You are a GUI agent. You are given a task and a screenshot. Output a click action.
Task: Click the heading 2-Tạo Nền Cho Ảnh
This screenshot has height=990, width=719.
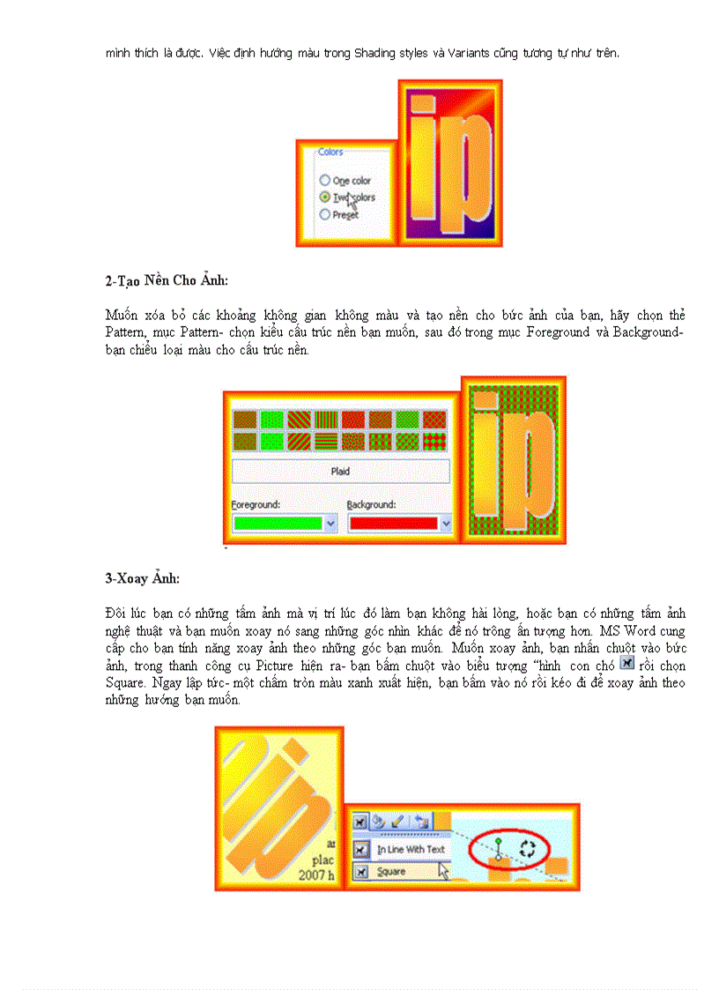pos(167,281)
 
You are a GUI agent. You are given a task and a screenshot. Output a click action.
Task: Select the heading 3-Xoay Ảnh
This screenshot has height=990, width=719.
pos(142,578)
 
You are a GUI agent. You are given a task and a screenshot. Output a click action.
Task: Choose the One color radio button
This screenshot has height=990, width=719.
pos(325,181)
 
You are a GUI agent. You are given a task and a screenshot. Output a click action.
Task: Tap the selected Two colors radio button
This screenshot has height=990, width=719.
pos(325,197)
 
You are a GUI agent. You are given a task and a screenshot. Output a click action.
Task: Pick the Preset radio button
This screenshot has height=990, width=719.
pos(325,214)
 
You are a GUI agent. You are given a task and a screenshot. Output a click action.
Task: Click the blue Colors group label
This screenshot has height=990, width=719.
pos(330,153)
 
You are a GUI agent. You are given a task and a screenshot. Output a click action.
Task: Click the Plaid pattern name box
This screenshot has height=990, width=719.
pos(340,471)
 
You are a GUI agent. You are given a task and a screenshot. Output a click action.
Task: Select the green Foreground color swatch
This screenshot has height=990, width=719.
pos(277,523)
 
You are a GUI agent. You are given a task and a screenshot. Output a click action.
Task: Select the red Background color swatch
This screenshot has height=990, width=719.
pos(392,523)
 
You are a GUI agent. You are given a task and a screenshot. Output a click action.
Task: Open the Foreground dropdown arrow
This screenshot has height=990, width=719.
pos(331,523)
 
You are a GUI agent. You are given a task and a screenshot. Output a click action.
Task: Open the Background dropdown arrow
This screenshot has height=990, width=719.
pos(446,523)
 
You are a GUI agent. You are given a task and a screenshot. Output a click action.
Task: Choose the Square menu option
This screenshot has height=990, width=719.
pos(391,872)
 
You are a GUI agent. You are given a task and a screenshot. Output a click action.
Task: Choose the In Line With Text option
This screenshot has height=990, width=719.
pos(411,850)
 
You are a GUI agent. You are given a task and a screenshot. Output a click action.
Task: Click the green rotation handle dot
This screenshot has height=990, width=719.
pos(498,843)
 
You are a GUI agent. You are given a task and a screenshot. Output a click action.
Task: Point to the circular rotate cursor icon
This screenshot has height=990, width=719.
pos(527,848)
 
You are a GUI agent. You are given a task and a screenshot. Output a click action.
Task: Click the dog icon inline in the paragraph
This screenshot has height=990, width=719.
pos(627,663)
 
